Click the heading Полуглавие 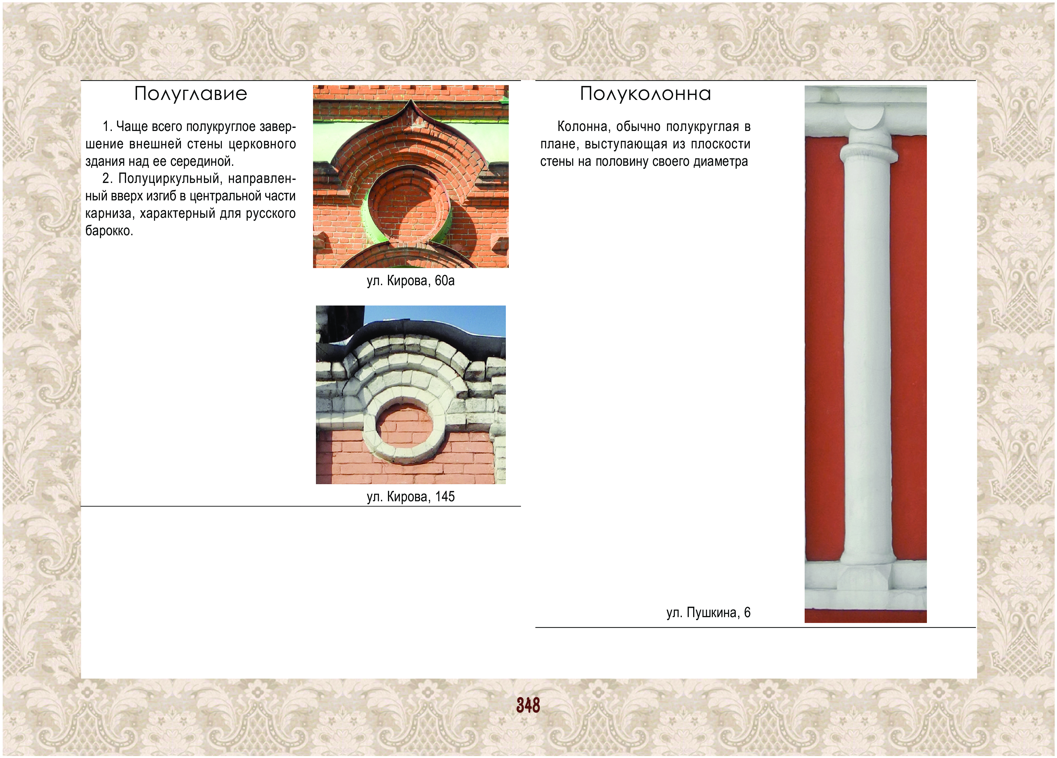(x=190, y=94)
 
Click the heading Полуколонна (x=646, y=94)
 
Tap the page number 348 (x=528, y=705)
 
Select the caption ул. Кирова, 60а (x=411, y=281)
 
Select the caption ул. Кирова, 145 (x=411, y=497)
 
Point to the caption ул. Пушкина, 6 (x=709, y=612)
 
